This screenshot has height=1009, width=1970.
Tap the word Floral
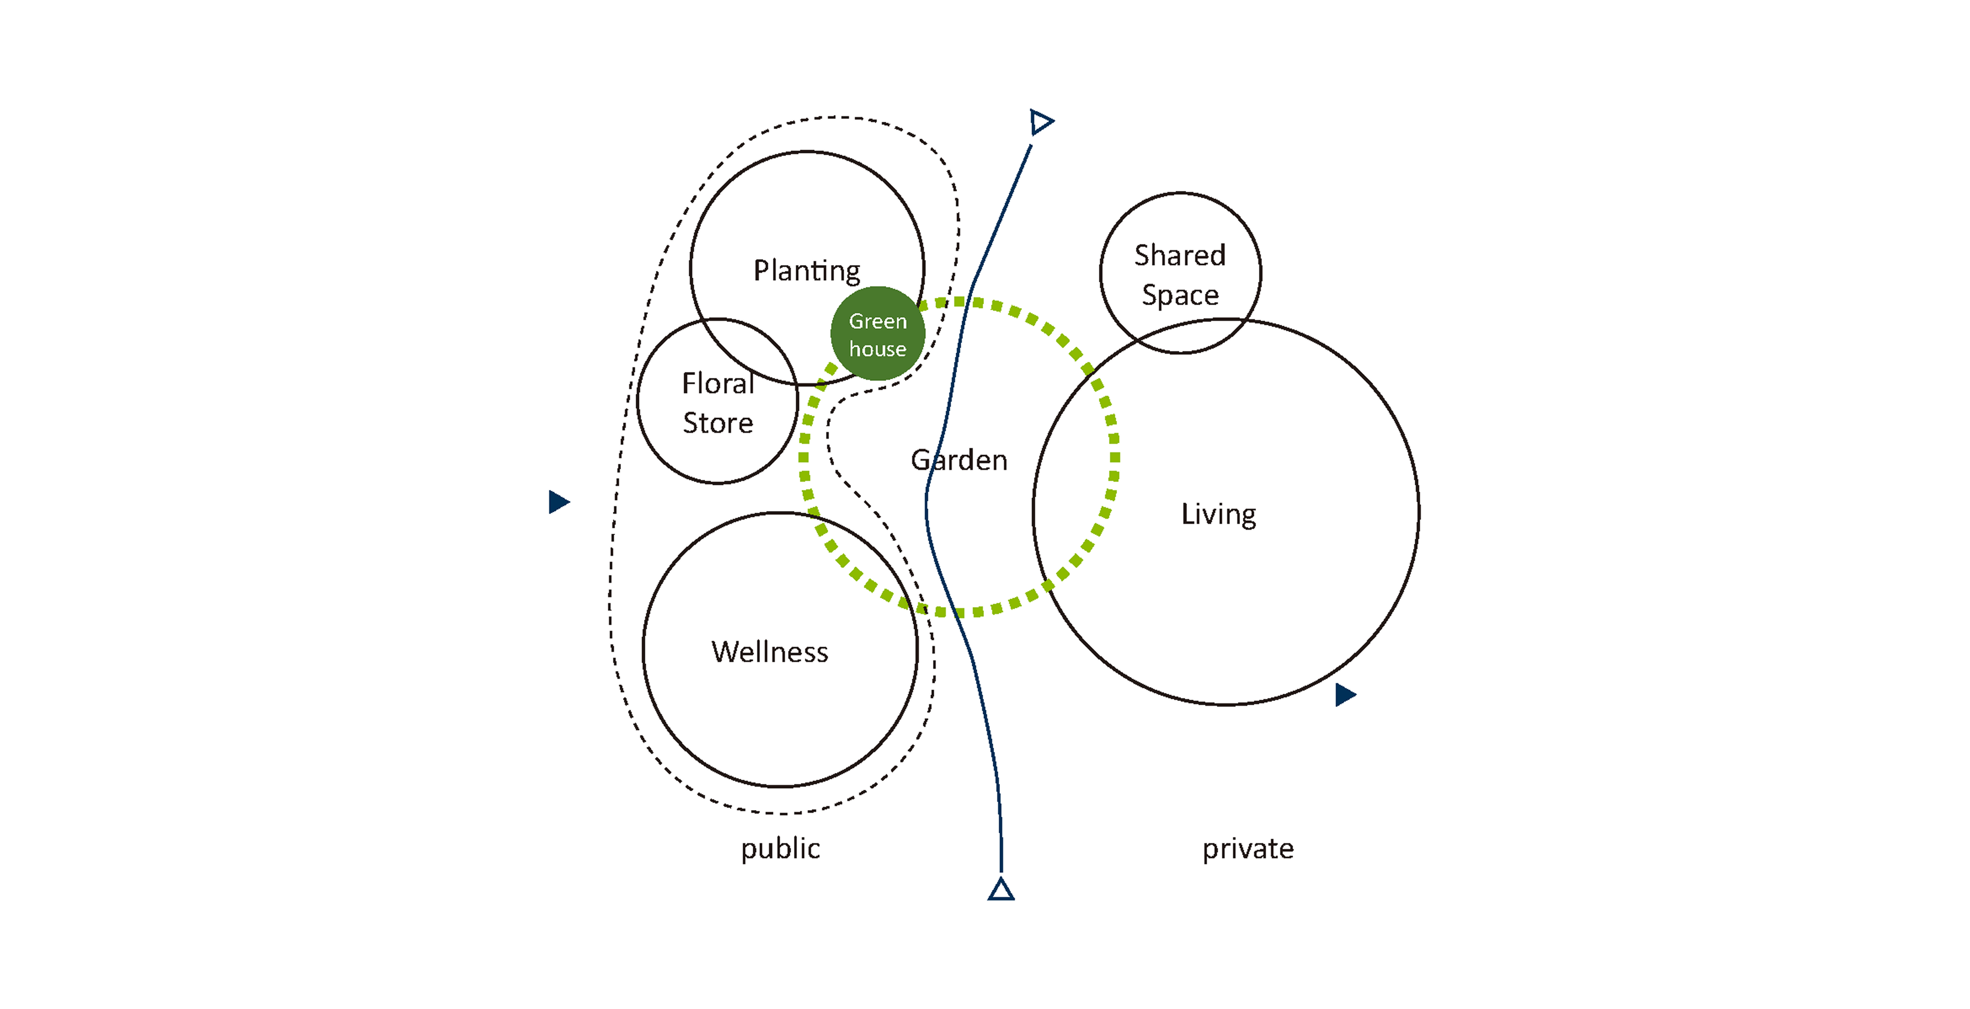718,383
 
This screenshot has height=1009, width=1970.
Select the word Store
718,423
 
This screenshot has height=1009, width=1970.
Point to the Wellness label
769,652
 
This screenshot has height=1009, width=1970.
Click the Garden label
959,460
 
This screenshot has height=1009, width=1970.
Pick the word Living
1218,514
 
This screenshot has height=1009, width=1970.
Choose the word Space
1180,296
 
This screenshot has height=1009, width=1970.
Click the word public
780,848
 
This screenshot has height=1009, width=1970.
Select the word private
1247,848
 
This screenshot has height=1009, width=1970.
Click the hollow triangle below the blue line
1001,890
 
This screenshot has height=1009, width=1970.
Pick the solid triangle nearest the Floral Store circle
558,502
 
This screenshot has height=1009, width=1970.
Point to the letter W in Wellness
724,652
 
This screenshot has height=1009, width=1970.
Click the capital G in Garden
921,460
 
